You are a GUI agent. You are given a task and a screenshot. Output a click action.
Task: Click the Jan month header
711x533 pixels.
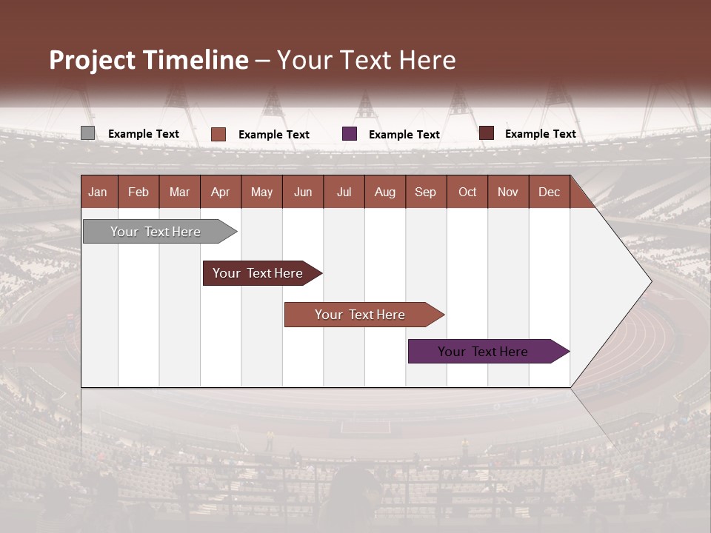click(x=98, y=192)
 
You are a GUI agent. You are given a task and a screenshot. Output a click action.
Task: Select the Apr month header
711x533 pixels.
click(x=220, y=192)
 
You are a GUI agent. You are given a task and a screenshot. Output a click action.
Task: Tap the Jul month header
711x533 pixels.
click(x=344, y=192)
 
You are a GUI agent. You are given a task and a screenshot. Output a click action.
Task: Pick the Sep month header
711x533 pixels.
click(x=425, y=192)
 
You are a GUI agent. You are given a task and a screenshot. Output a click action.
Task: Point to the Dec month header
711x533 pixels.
click(x=549, y=192)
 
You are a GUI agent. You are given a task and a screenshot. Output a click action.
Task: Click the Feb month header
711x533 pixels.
click(x=138, y=192)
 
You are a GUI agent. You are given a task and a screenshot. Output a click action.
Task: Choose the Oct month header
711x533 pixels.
click(x=467, y=192)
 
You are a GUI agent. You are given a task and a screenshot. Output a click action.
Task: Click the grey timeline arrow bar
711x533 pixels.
click(x=156, y=232)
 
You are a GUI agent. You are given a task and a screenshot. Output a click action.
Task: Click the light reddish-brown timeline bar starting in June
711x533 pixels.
click(x=360, y=315)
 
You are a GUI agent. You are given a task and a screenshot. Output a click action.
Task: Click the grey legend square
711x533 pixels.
click(x=88, y=133)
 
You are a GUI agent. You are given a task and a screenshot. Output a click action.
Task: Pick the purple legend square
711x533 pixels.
click(x=350, y=134)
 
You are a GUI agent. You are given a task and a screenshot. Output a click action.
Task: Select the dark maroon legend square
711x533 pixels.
click(x=487, y=133)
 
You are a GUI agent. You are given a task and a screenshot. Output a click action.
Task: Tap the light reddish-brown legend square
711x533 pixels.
click(x=218, y=134)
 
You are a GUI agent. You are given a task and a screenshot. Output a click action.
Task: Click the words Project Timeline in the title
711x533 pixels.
click(x=148, y=60)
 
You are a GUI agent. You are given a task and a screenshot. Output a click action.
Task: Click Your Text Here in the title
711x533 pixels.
click(x=367, y=60)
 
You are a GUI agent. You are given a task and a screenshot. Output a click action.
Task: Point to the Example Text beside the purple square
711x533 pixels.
click(x=404, y=135)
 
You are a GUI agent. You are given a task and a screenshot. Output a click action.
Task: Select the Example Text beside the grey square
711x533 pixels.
click(x=144, y=134)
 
